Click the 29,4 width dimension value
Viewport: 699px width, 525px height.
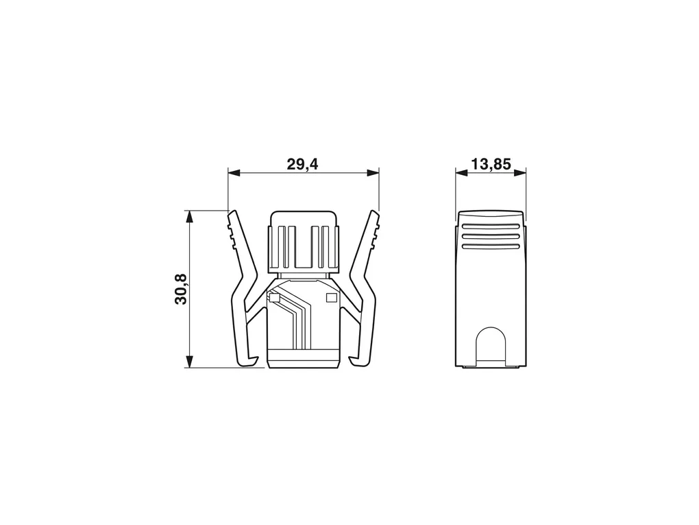point(302,164)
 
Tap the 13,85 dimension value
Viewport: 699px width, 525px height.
point(491,164)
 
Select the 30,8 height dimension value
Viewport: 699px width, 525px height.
point(181,289)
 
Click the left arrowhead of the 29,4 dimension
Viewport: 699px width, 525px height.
point(234,173)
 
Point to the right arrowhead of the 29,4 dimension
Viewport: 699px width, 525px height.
point(372,173)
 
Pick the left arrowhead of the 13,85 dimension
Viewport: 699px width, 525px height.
point(462,173)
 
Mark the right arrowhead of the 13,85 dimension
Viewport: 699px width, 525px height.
point(519,173)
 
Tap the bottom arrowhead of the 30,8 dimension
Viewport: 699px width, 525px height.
point(190,361)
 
